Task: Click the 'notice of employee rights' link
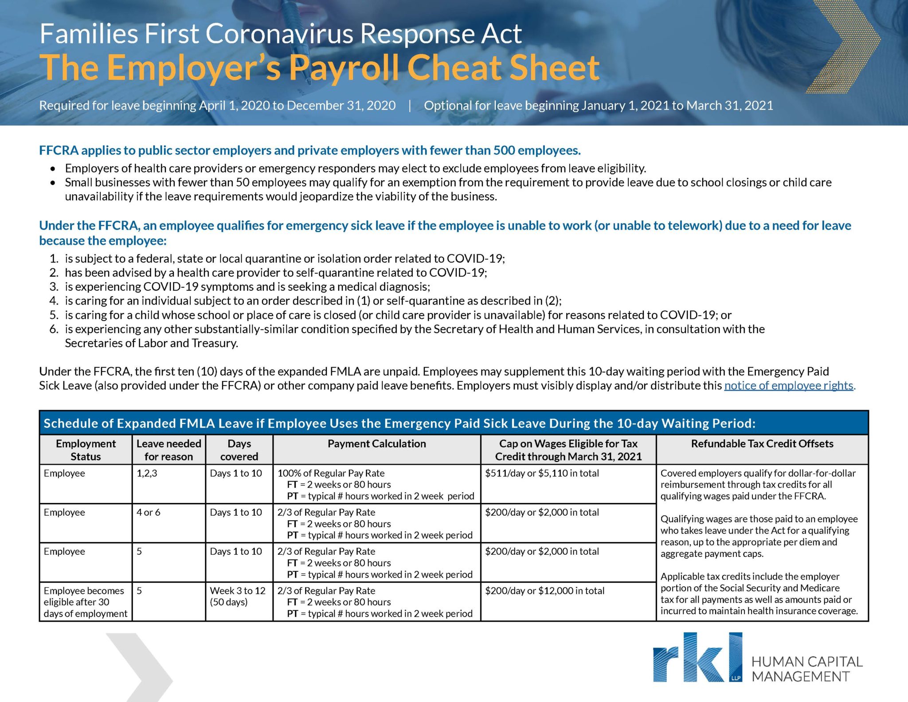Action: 789,385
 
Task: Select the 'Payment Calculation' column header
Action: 376,443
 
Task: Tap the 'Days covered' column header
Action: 239,450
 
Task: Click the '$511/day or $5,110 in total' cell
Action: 542,473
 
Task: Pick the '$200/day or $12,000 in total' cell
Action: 544,591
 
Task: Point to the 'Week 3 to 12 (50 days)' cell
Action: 238,596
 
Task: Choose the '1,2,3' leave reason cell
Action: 147,473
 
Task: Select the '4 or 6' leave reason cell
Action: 149,512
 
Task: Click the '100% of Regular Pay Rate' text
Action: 331,473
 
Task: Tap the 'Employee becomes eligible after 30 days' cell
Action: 85,602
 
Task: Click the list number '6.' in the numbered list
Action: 54,329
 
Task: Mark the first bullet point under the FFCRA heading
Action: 53,169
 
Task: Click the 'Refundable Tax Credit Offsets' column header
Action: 762,443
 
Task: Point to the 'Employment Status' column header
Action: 86,450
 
